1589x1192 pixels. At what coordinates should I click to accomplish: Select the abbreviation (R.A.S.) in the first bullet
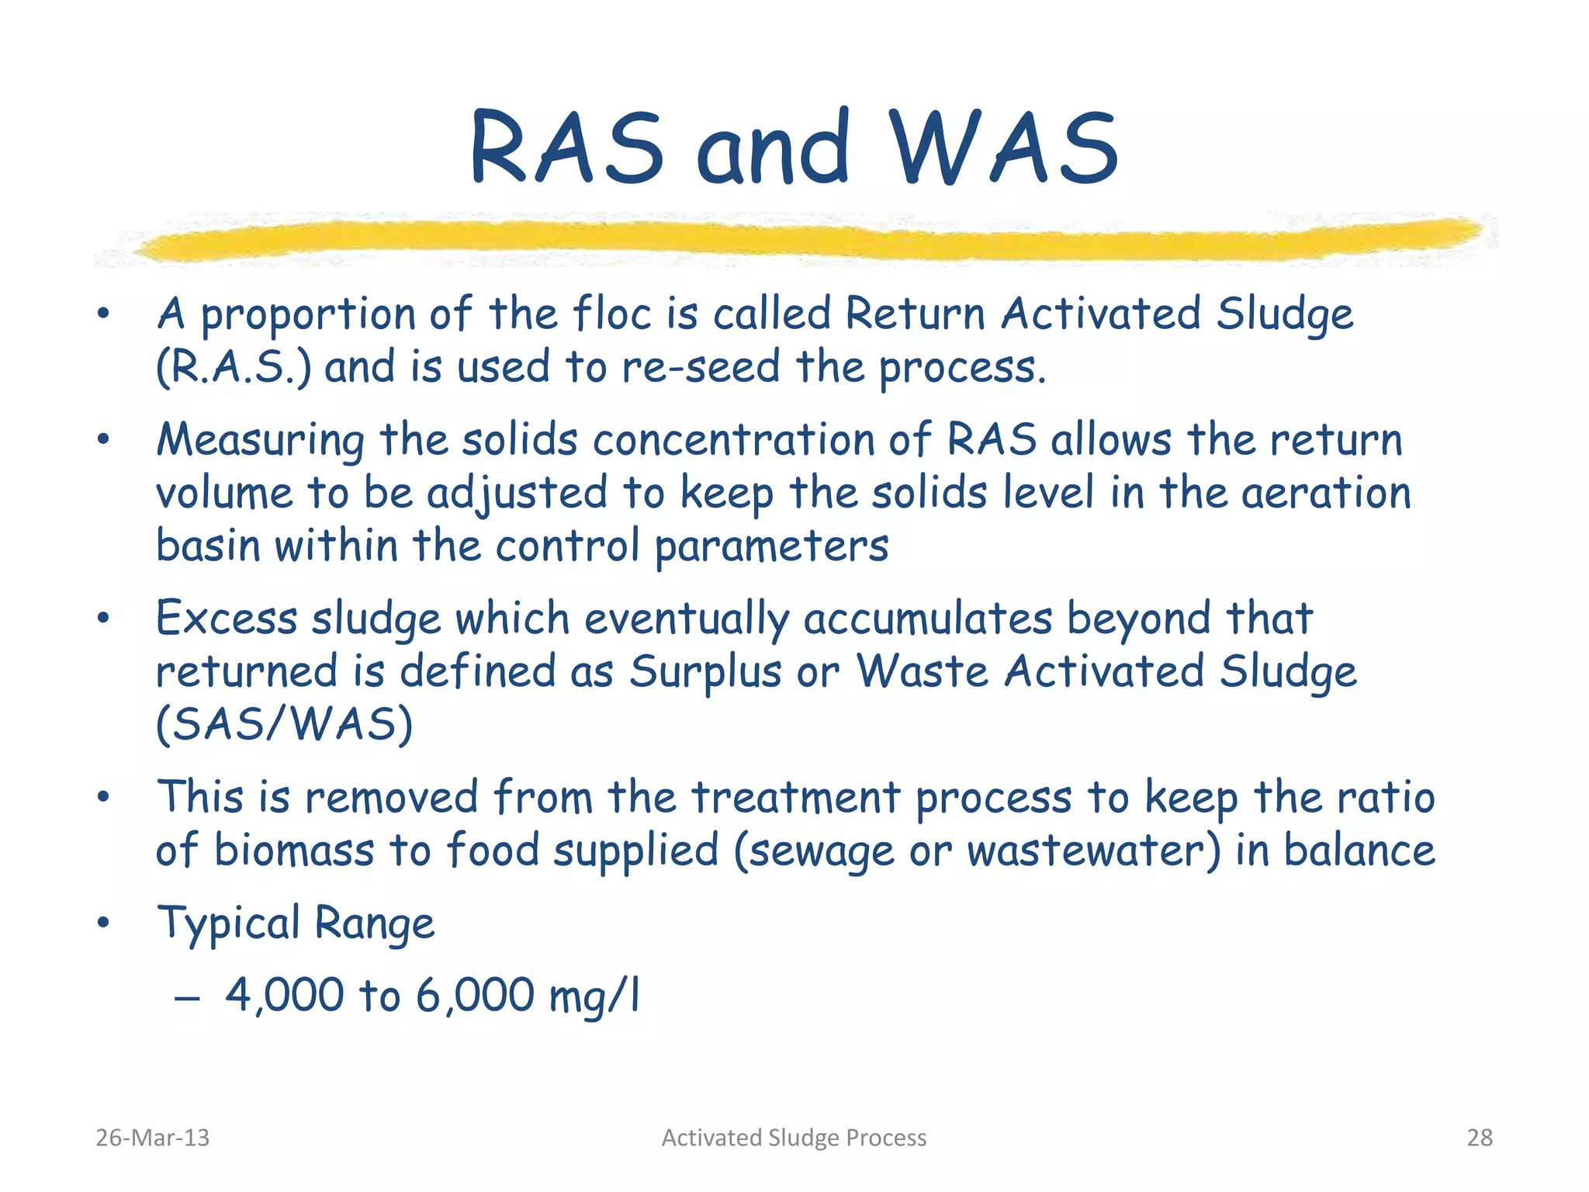tap(234, 367)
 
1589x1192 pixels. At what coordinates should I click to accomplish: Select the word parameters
tap(771, 547)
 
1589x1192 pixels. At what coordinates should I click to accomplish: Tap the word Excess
tap(227, 619)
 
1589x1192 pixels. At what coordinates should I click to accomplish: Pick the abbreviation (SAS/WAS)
tap(284, 725)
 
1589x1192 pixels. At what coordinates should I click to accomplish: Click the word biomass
tap(294, 851)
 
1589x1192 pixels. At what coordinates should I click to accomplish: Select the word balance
tap(1359, 851)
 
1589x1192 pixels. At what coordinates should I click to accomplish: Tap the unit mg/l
tap(594, 996)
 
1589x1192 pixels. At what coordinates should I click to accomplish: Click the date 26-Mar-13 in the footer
tap(152, 1138)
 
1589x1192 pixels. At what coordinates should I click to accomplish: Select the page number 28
tap(1480, 1138)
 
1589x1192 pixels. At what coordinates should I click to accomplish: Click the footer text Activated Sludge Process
tap(794, 1138)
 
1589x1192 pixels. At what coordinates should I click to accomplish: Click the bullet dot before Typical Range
tap(103, 923)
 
